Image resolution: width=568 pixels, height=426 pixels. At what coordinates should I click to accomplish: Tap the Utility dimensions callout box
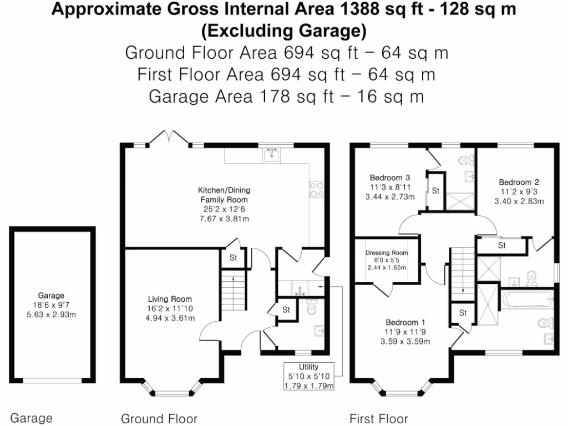tap(308, 377)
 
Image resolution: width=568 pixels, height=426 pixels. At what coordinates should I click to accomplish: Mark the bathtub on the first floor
tap(526, 301)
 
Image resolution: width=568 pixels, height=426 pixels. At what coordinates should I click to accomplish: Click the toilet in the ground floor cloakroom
tap(311, 307)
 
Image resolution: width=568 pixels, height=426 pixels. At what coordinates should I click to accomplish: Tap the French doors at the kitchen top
tap(170, 138)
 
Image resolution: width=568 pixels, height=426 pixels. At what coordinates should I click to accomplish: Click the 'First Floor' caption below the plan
tap(378, 418)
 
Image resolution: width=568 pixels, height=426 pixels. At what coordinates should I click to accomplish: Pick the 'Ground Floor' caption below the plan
tap(159, 418)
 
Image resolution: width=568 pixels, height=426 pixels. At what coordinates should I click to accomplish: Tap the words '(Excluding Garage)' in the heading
tap(283, 31)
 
